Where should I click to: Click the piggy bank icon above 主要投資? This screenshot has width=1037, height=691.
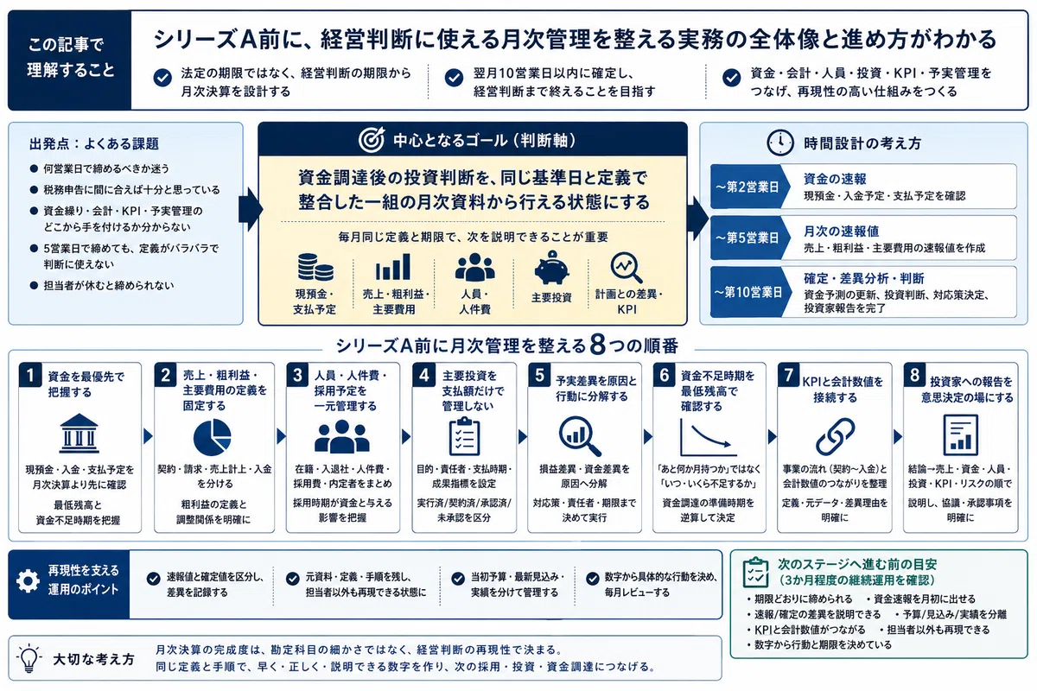click(551, 268)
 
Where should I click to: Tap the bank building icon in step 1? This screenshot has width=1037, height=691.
click(79, 433)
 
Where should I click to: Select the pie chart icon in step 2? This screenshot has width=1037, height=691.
click(212, 437)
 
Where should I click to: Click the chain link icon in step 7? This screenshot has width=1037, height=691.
click(835, 436)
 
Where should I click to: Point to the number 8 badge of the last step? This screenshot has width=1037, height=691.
click(914, 375)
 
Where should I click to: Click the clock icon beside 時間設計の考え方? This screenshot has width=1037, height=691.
click(780, 143)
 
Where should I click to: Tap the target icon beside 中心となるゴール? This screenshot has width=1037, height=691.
click(372, 139)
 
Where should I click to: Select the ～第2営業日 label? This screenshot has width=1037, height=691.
click(748, 187)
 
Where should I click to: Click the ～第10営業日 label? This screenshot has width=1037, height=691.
click(748, 292)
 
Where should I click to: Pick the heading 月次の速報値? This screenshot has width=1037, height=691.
click(841, 231)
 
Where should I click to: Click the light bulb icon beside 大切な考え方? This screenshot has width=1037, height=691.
click(29, 657)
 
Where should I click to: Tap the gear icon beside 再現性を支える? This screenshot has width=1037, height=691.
click(28, 580)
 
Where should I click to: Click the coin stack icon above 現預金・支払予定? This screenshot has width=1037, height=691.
click(315, 267)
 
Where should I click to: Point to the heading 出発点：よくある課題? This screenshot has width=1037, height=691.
click(94, 144)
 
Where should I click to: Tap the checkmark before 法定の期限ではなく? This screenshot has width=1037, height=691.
click(162, 78)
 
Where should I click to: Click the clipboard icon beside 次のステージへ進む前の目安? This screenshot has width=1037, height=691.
click(755, 572)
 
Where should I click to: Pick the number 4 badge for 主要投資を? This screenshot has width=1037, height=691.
click(423, 375)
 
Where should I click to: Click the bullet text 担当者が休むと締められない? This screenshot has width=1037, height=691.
click(109, 285)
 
